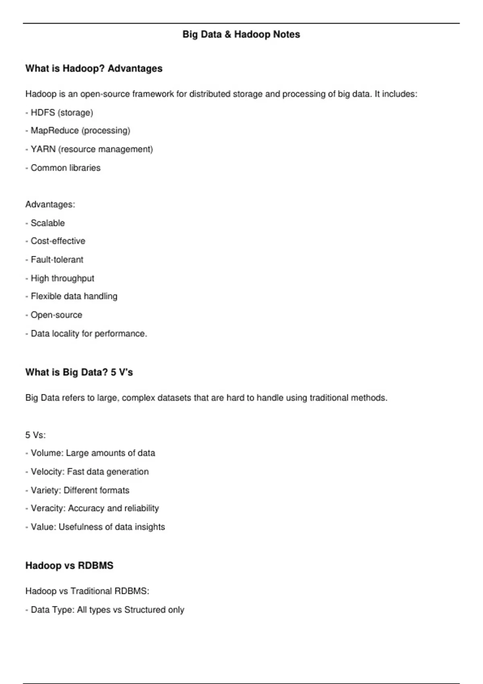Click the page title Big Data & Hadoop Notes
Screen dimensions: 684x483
tap(241, 35)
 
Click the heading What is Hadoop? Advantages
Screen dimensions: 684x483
tap(94, 69)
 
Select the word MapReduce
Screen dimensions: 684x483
tap(55, 131)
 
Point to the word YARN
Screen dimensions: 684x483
tap(43, 149)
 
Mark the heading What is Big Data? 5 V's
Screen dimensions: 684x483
tap(79, 373)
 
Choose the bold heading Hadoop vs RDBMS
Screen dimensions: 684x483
tap(69, 566)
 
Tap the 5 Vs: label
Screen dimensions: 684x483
tap(35, 435)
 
